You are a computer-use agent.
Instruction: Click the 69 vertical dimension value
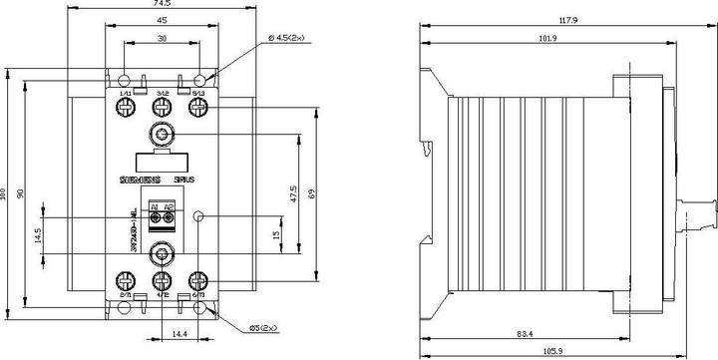[313, 193]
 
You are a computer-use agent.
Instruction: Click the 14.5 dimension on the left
[36, 236]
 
